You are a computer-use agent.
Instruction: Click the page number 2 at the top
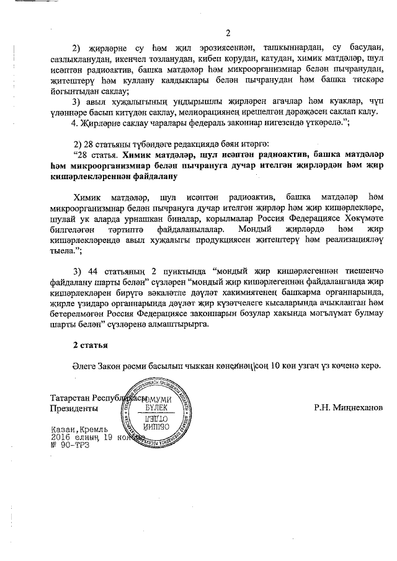pos(228,33)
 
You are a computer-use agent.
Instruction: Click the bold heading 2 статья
pos(91,344)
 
